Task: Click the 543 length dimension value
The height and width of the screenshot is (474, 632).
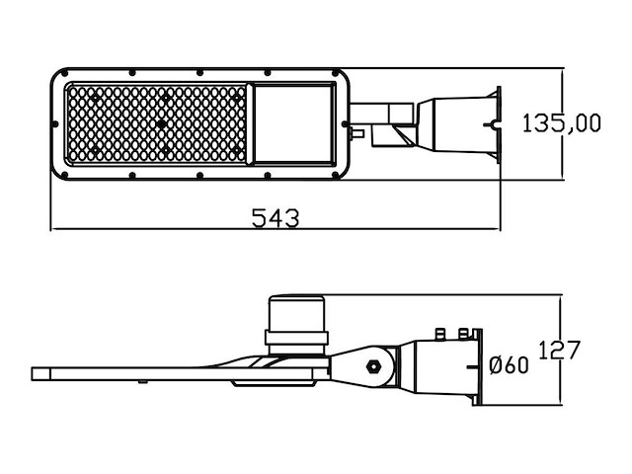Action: pos(276,218)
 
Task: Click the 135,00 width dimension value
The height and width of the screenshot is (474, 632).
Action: pos(562,122)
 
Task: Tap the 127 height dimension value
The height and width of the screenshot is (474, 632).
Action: pos(560,350)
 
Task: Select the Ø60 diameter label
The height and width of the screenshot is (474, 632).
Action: pos(509,365)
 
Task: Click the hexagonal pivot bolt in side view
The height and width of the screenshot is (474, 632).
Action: pos(373,366)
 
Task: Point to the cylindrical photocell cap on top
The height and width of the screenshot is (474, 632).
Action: pos(296,313)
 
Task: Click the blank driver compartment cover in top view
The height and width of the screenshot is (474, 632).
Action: pos(294,123)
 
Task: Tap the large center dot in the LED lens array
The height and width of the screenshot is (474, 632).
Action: pos(161,123)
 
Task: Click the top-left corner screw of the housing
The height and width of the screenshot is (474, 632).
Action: pos(64,73)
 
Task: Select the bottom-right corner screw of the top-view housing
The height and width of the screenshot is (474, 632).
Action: pos(336,176)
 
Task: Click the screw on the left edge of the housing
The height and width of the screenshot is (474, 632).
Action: pos(55,124)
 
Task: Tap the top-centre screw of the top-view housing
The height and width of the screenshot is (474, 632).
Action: pos(199,72)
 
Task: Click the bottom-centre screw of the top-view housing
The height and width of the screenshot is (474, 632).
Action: pos(199,176)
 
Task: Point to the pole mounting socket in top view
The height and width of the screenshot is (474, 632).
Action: pos(458,124)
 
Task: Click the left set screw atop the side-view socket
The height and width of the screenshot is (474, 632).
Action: pos(440,334)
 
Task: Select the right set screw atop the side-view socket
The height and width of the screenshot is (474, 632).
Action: pos(463,334)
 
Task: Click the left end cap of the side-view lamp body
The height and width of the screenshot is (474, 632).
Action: pos(40,373)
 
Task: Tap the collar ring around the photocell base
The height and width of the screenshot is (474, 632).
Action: pos(296,338)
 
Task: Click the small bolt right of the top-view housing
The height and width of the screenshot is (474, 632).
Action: pos(357,133)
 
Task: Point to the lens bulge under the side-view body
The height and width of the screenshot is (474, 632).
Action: pos(273,383)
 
